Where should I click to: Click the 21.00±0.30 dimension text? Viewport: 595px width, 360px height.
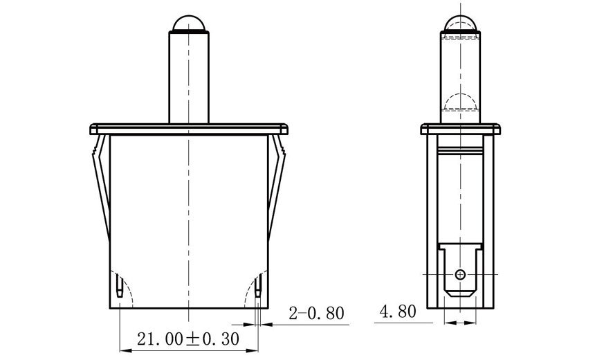(188, 339)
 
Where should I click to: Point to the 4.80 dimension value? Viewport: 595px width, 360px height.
(397, 312)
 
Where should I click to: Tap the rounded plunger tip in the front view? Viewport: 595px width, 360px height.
(188, 22)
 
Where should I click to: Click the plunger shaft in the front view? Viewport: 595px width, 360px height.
(188, 76)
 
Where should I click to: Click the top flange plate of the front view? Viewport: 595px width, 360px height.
(188, 129)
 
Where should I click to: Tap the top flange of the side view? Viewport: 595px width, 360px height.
(460, 129)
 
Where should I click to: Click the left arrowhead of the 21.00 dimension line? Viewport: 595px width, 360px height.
(124, 348)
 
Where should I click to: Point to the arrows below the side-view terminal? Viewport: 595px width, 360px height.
(460, 322)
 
